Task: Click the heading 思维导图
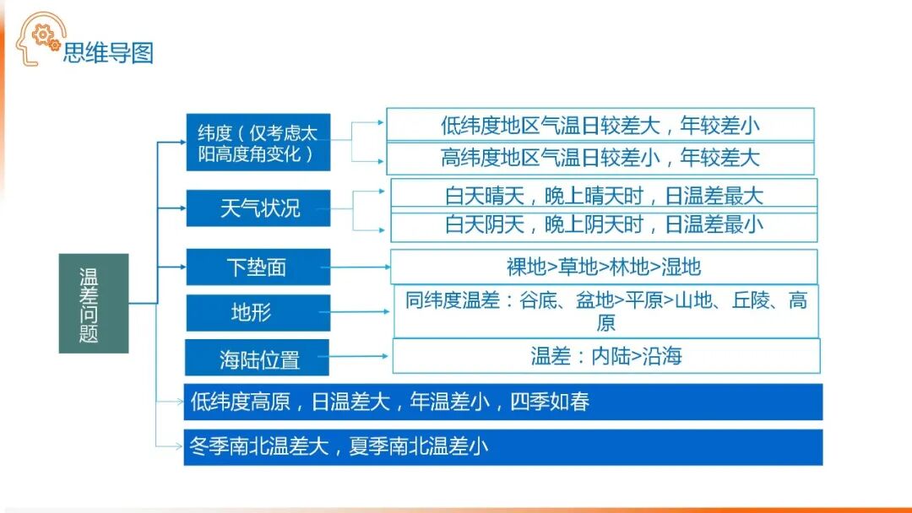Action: click(x=108, y=53)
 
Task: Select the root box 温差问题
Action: click(x=93, y=303)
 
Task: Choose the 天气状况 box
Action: click(x=258, y=208)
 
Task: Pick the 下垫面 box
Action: click(x=258, y=267)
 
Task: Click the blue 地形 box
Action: click(x=258, y=313)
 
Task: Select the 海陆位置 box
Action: click(x=258, y=359)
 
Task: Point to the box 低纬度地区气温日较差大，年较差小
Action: click(x=600, y=125)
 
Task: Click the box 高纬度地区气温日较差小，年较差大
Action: click(x=600, y=158)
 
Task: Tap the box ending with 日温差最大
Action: click(x=604, y=194)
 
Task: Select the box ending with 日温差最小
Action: click(x=604, y=225)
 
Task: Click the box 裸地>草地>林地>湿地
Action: click(x=604, y=267)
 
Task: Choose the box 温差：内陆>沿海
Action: click(x=605, y=356)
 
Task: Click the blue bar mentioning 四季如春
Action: click(x=503, y=402)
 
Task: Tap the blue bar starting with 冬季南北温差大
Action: click(x=503, y=446)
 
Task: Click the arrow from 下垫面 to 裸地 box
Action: click(x=360, y=267)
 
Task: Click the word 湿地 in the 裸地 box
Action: click(x=681, y=267)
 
